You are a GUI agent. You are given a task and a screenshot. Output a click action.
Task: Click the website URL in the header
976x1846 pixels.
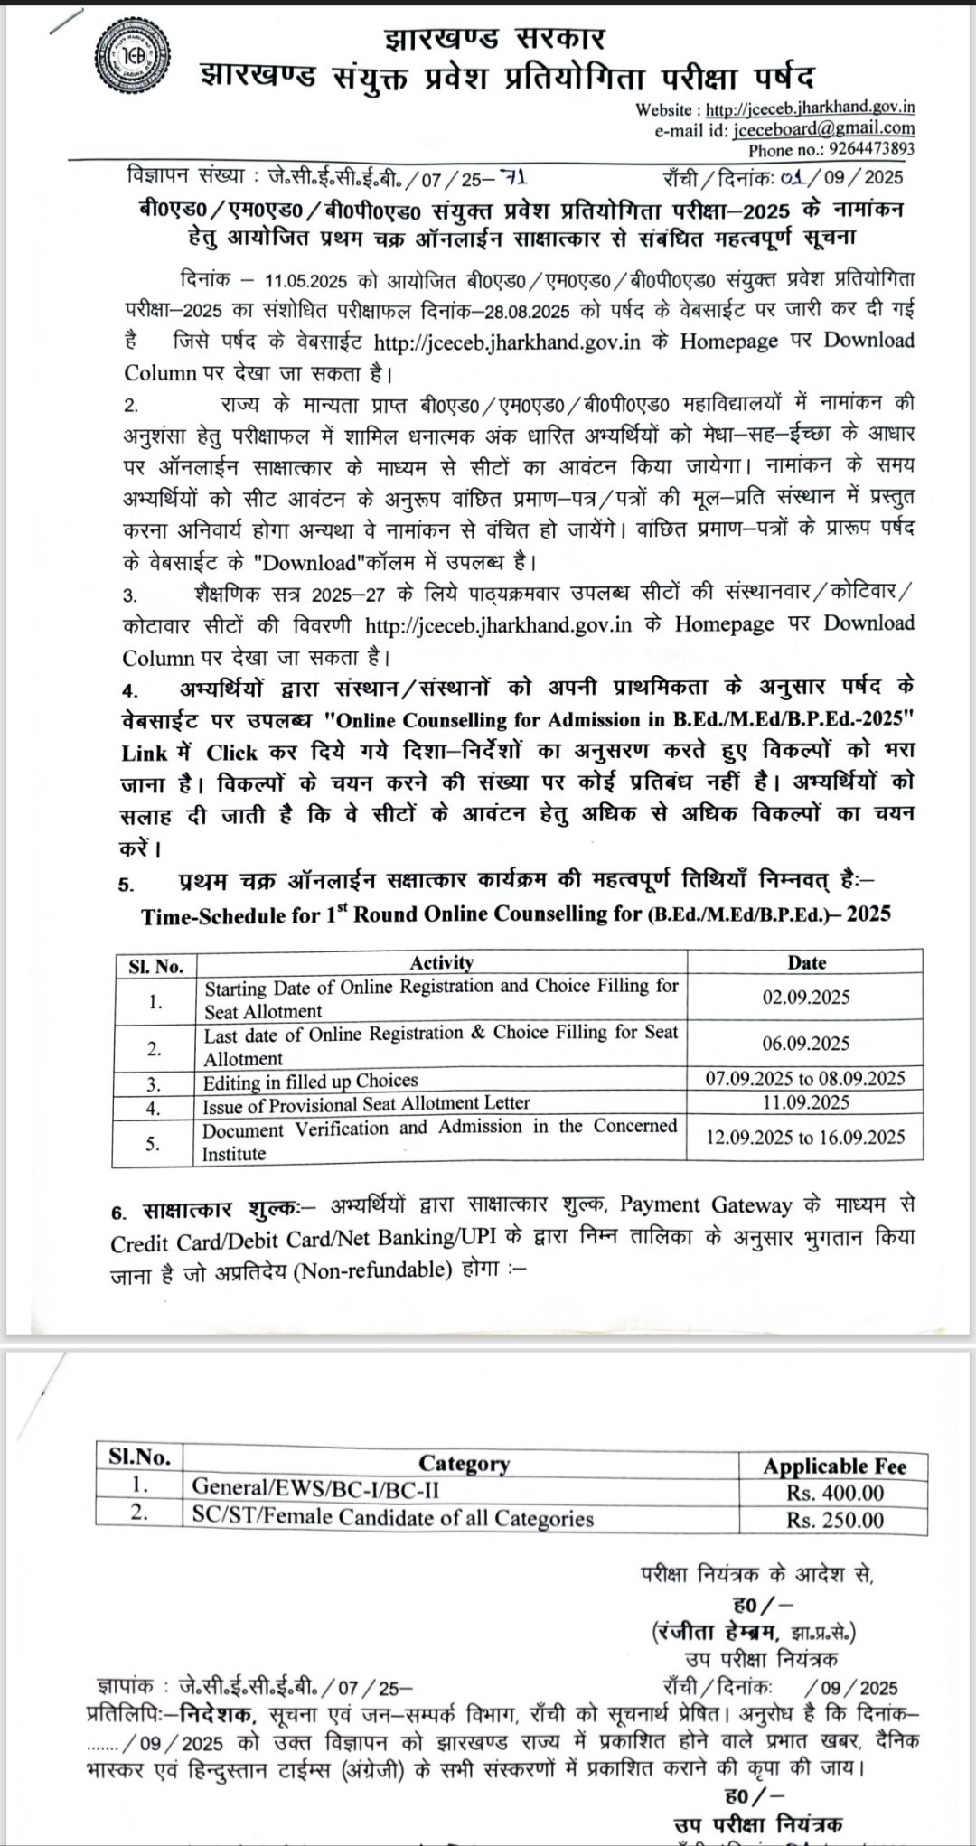point(810,108)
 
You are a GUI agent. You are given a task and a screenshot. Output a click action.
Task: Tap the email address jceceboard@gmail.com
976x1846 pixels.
point(822,128)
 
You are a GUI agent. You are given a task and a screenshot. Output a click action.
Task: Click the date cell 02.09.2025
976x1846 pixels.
point(806,997)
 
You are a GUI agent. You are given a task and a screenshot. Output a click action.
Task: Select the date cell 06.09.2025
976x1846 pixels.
point(806,1044)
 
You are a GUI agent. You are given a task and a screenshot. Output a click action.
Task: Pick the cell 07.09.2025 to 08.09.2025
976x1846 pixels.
point(806,1078)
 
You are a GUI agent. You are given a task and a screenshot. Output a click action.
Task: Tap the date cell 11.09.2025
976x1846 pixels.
point(806,1101)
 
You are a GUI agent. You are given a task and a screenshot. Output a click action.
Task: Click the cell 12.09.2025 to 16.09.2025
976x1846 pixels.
point(806,1137)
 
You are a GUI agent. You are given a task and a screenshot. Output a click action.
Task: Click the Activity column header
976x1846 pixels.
point(441,963)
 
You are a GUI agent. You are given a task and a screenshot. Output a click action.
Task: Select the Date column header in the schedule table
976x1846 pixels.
point(806,963)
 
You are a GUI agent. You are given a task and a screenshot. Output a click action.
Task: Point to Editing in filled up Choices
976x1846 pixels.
point(310,1081)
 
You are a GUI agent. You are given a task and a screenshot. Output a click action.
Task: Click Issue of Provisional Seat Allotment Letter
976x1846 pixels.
point(366,1103)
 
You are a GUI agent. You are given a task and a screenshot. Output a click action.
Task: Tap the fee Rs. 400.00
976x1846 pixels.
point(834,1493)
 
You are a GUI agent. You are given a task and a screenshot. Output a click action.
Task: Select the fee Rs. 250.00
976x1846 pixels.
point(834,1520)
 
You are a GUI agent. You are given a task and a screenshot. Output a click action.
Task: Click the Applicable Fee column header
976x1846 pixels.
point(833,1466)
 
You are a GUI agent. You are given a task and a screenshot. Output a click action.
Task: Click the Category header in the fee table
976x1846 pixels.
point(464,1463)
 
